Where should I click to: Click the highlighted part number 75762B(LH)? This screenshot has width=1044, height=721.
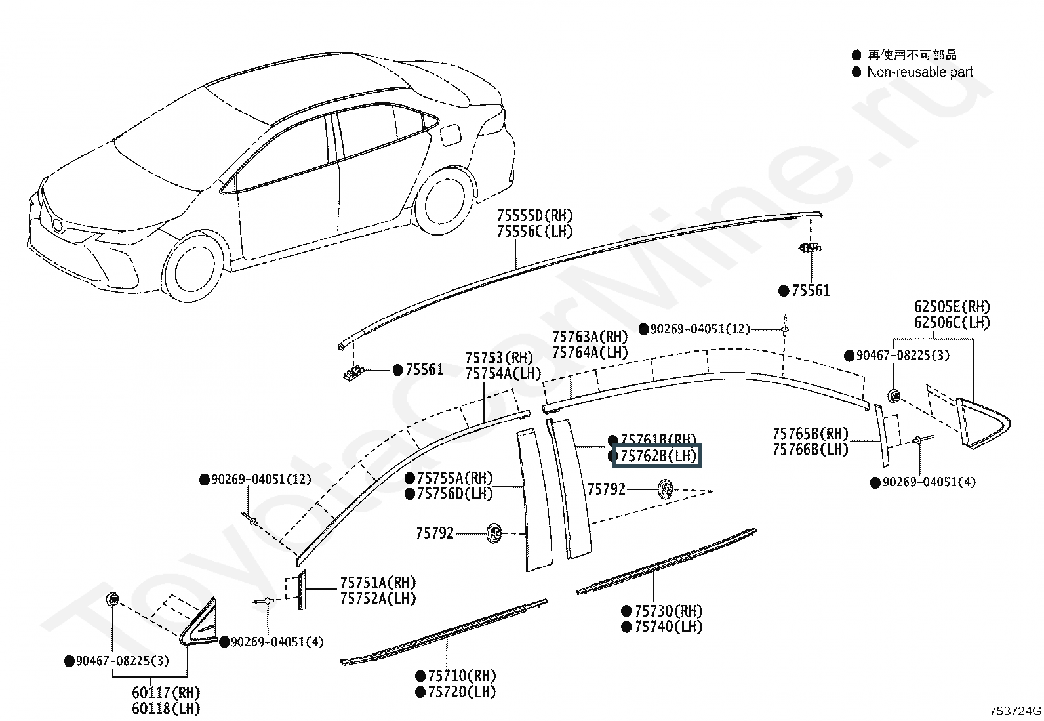pyautogui.click(x=658, y=455)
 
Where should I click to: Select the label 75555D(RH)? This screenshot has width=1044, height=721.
pyautogui.click(x=534, y=215)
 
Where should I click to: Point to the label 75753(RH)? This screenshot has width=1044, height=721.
pyautogui.click(x=499, y=358)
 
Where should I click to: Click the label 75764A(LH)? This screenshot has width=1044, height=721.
pyautogui.click(x=590, y=352)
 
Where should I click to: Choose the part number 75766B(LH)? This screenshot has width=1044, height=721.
pyautogui.click(x=810, y=449)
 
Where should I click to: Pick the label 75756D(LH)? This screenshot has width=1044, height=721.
pyautogui.click(x=454, y=493)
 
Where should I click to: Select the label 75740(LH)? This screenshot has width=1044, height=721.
pyautogui.click(x=668, y=627)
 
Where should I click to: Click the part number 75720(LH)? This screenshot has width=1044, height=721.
pyautogui.click(x=462, y=691)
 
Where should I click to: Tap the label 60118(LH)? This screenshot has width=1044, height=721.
pyautogui.click(x=166, y=708)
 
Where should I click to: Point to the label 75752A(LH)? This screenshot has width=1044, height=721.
pyautogui.click(x=377, y=598)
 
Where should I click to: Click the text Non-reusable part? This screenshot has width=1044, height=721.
pyautogui.click(x=919, y=72)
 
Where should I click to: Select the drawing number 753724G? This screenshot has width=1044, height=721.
pyautogui.click(x=1015, y=711)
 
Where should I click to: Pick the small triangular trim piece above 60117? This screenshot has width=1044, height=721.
pyautogui.click(x=198, y=621)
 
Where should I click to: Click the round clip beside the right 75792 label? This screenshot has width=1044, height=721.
pyautogui.click(x=665, y=489)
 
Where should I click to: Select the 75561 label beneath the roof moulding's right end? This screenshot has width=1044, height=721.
pyautogui.click(x=811, y=291)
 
